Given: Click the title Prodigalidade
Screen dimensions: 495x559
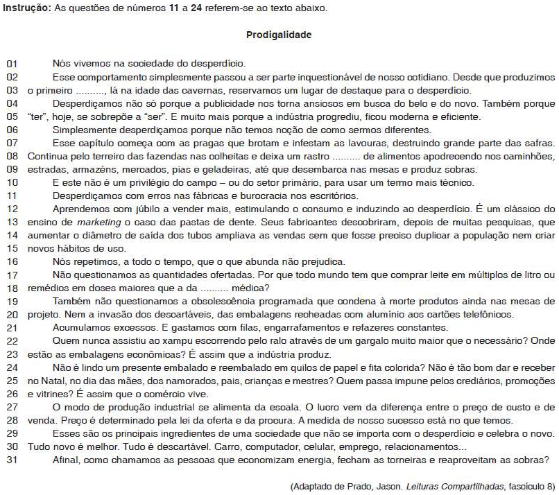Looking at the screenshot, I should [279, 35].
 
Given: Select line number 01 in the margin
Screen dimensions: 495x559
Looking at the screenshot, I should [11, 64].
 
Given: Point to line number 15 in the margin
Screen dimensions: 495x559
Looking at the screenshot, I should [11, 247].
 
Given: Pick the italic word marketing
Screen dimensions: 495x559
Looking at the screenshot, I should [94, 222].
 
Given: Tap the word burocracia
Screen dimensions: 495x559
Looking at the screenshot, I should [228, 196].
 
